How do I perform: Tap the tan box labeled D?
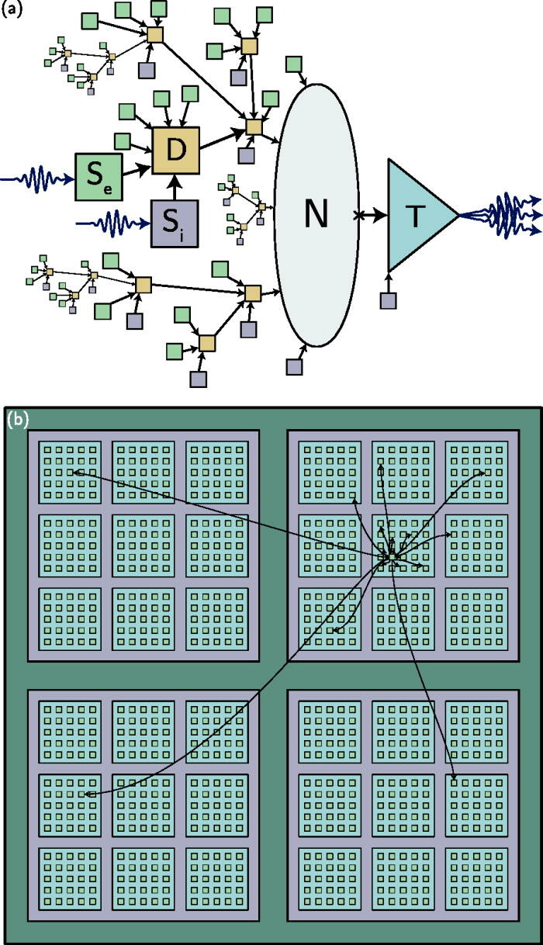[x=176, y=150]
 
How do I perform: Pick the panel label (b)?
[x=18, y=420]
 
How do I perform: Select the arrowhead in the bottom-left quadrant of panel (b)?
[x=89, y=794]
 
